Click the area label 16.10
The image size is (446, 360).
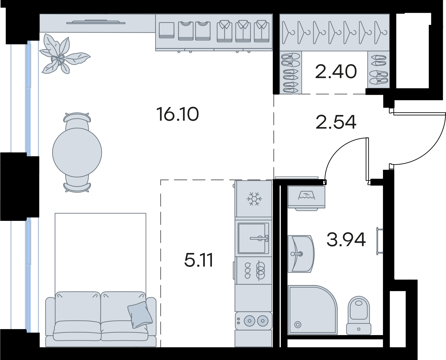click(178, 114)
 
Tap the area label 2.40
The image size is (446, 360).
click(336, 71)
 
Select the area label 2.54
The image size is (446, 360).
click(336, 122)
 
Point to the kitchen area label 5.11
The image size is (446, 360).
click(199, 260)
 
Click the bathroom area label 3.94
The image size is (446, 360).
click(346, 239)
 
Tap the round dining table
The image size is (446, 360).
click(77, 152)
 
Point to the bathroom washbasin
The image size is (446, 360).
click(301, 254)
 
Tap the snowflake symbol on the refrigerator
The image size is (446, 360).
click(254, 198)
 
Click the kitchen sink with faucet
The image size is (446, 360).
click(253, 238)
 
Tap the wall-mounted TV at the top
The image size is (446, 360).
click(96, 22)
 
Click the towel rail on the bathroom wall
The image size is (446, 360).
click(379, 241)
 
